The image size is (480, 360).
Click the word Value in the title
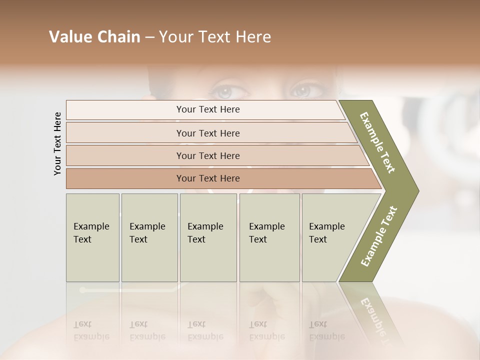(69, 37)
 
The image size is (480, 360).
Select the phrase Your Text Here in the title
(215, 37)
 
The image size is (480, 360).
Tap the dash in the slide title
(149, 37)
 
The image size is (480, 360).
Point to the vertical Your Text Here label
(57, 143)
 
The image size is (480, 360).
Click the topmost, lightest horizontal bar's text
(208, 109)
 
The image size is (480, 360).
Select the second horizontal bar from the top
(208, 133)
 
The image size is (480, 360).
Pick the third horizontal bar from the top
(208, 156)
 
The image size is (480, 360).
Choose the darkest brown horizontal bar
(208, 178)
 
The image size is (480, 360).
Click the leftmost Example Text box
(92, 237)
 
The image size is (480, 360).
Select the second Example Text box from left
(149, 237)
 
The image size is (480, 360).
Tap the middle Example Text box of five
(208, 237)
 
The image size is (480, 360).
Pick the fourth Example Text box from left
(269, 237)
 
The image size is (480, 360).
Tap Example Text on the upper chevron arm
(377, 142)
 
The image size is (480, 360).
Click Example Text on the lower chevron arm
(379, 236)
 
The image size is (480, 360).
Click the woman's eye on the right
(301, 91)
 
